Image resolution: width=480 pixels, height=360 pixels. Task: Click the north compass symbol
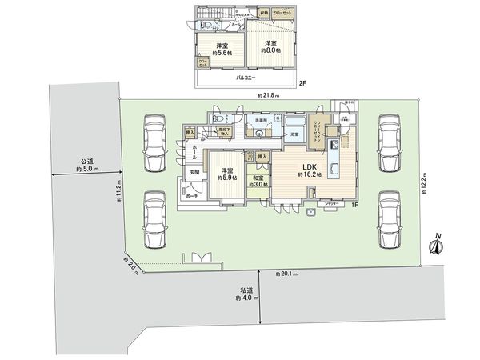point(437,244)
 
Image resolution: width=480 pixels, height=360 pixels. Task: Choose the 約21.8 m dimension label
point(270,96)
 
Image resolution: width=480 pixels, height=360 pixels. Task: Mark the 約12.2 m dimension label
point(425,186)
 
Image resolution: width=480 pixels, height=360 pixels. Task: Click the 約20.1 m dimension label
point(286,274)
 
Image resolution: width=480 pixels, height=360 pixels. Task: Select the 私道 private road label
point(246,290)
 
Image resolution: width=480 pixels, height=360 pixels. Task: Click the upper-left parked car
point(154,142)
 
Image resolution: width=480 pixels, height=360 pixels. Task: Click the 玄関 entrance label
point(194,172)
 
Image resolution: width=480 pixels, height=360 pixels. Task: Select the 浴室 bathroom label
point(294,134)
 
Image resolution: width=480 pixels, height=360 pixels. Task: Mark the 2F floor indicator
point(303,82)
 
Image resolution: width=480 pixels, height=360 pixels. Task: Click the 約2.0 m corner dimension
point(130,265)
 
